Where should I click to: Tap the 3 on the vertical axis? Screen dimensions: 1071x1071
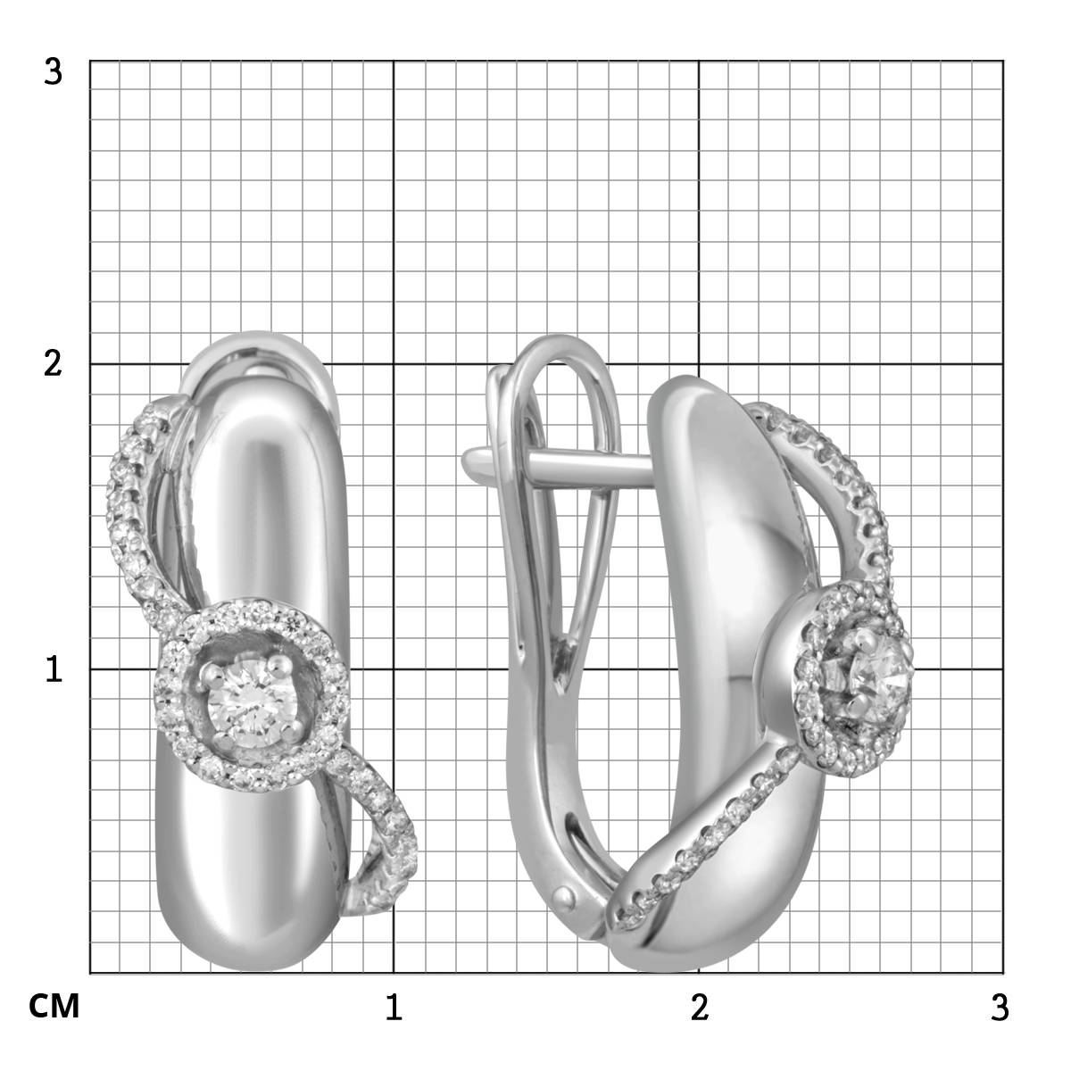click(x=53, y=72)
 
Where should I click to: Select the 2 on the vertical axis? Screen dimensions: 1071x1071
click(x=53, y=364)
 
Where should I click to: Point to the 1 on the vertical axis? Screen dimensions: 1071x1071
click(x=54, y=668)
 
